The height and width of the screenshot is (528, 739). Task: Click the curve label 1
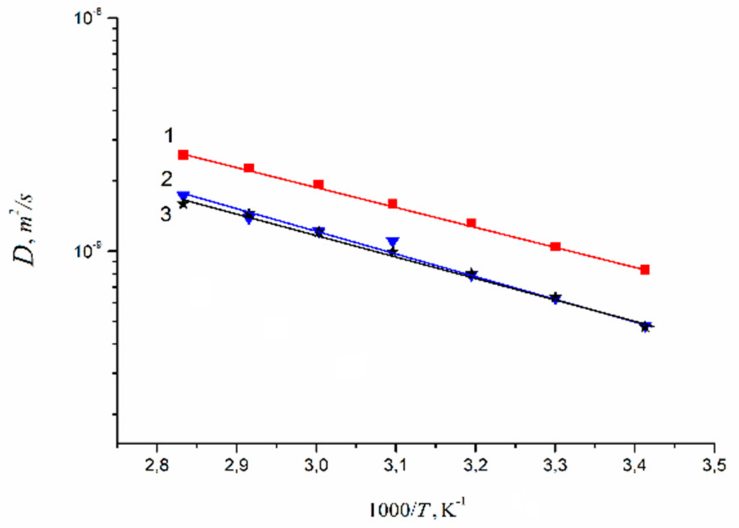click(x=169, y=136)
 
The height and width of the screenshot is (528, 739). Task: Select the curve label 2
click(x=167, y=179)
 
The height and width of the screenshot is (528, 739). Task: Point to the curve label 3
click(x=166, y=214)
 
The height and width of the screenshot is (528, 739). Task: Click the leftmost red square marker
click(x=184, y=155)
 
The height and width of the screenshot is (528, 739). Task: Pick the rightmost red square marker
click(x=645, y=270)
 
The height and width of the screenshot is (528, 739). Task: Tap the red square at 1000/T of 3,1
click(x=393, y=204)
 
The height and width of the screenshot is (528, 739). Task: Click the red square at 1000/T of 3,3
click(x=555, y=247)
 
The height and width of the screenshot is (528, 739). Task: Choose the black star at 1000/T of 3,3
click(x=555, y=298)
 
